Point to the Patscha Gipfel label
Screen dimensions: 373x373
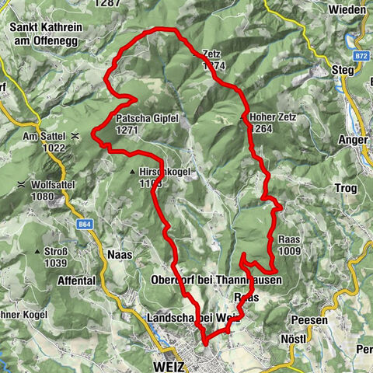[x=147, y=119]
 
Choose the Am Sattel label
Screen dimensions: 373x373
[x=42, y=135]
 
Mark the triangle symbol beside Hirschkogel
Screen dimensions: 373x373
[x=133, y=172]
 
